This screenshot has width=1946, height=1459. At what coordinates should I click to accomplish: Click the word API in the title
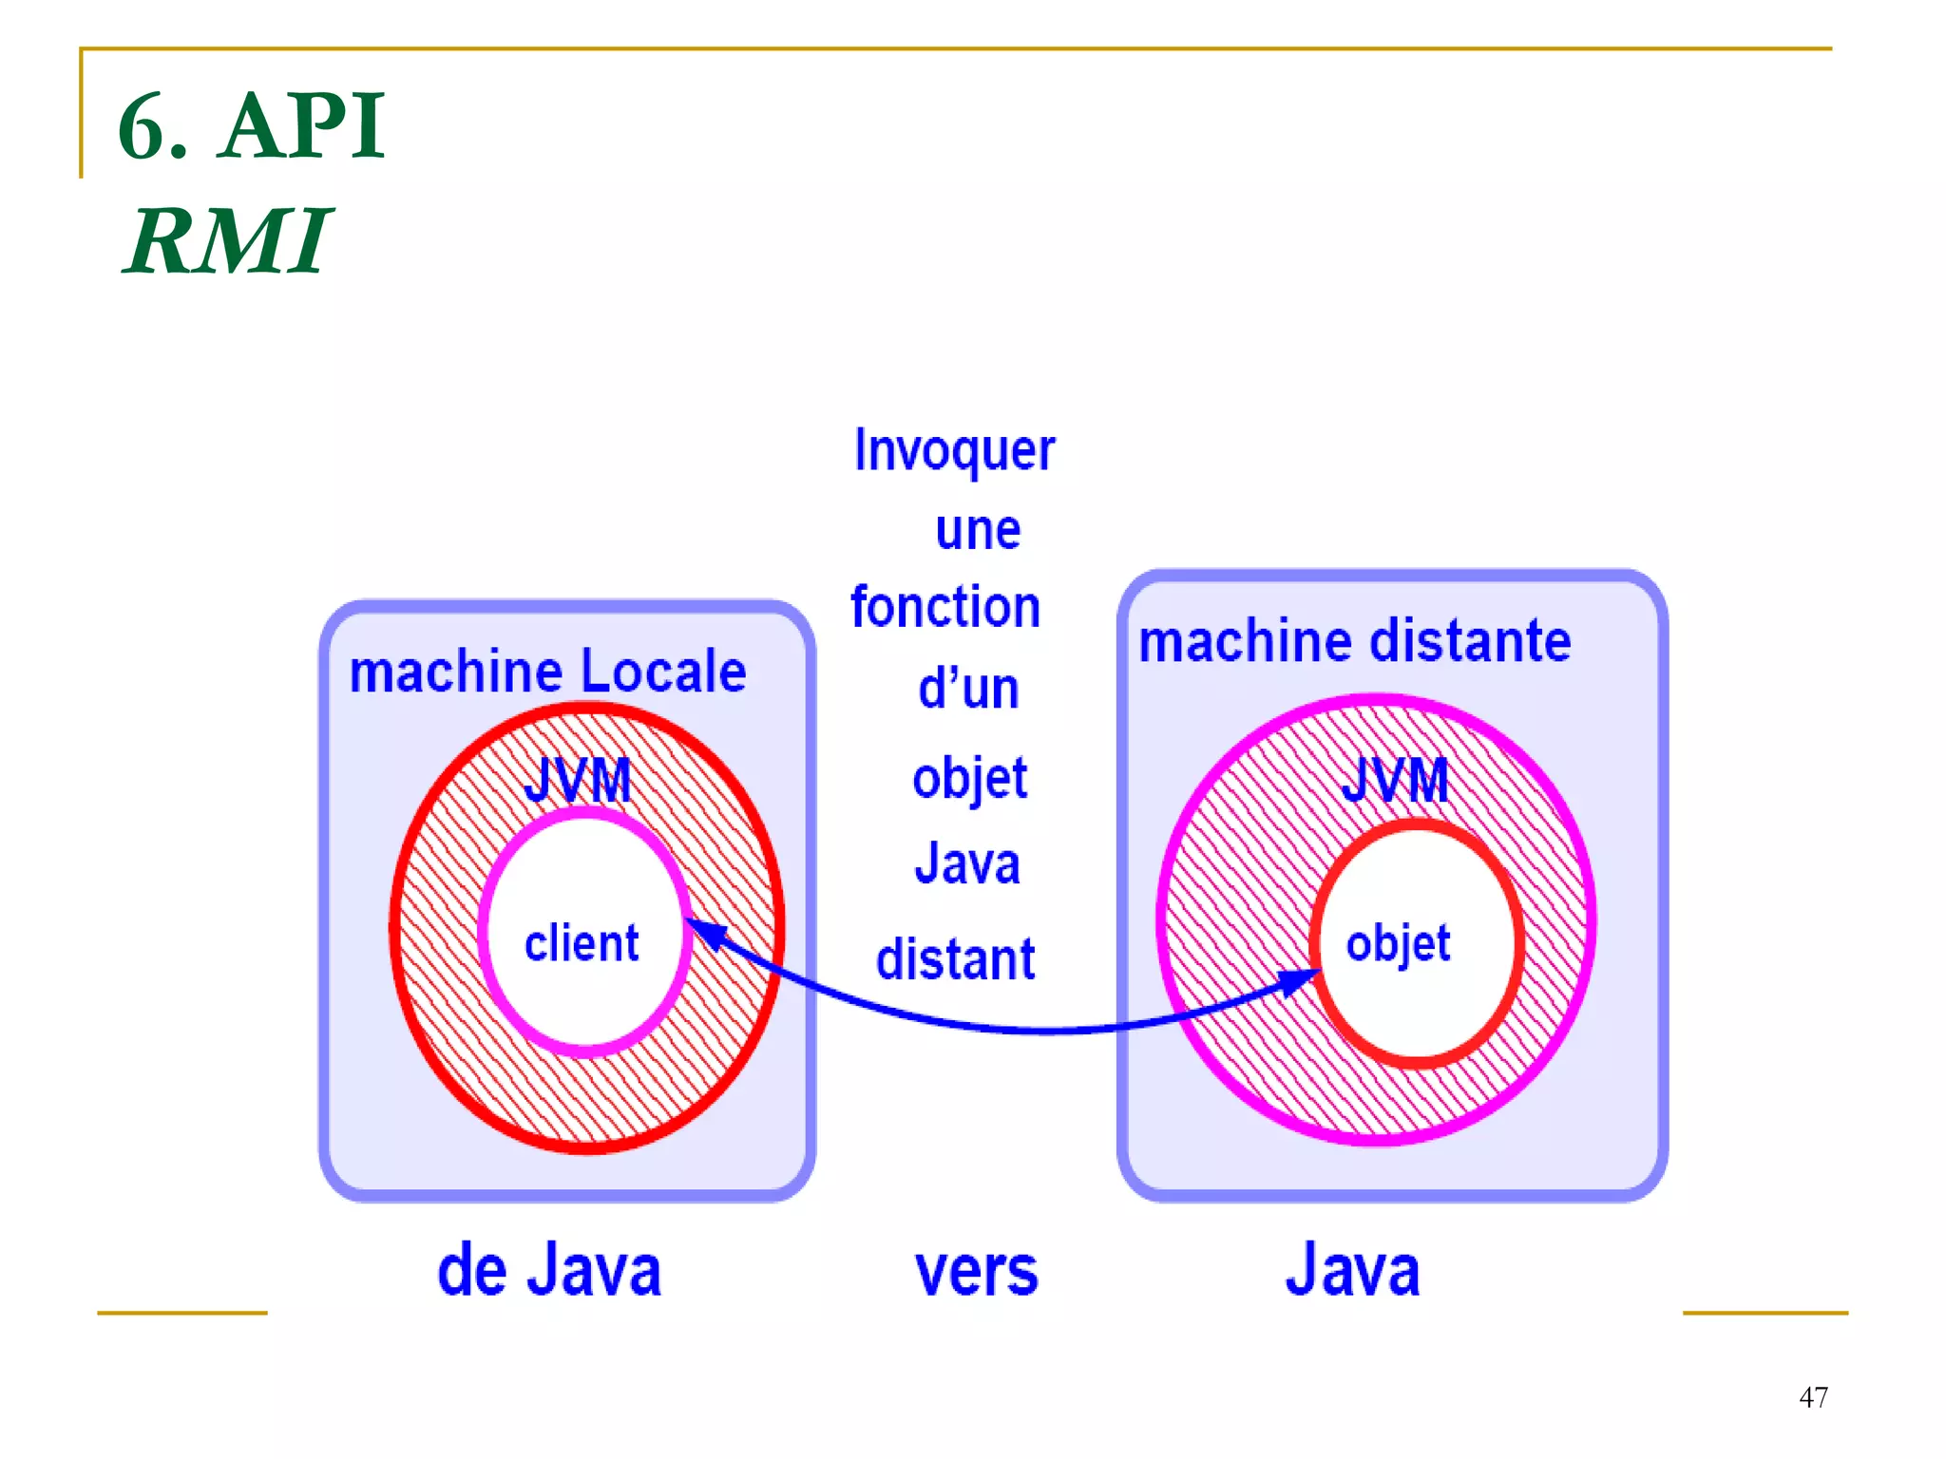coord(302,126)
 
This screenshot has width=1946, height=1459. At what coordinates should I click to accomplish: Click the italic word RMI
coord(228,242)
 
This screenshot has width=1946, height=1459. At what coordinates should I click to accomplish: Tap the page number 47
coord(1813,1397)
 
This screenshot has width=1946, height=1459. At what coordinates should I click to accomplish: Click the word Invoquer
coord(954,450)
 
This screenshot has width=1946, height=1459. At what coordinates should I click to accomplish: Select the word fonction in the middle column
coord(945,607)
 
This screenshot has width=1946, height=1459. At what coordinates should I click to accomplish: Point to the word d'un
coord(968,689)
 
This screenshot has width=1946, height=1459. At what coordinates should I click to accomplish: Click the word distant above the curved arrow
coord(955,958)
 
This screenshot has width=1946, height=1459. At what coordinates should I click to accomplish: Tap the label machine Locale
coord(547,672)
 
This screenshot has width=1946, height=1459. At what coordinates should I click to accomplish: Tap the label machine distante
coord(1354,641)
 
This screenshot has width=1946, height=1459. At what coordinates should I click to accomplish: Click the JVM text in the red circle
coord(578,781)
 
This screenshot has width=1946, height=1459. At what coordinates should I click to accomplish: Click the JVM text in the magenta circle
coord(1395,781)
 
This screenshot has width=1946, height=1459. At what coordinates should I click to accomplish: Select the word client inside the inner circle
coord(582,943)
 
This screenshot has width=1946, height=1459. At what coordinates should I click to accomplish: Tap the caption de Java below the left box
coord(548,1270)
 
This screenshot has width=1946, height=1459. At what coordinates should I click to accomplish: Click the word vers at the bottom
coord(976,1272)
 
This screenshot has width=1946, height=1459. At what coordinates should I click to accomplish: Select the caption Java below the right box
coord(1352,1270)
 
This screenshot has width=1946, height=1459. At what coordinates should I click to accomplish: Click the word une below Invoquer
coord(978,530)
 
